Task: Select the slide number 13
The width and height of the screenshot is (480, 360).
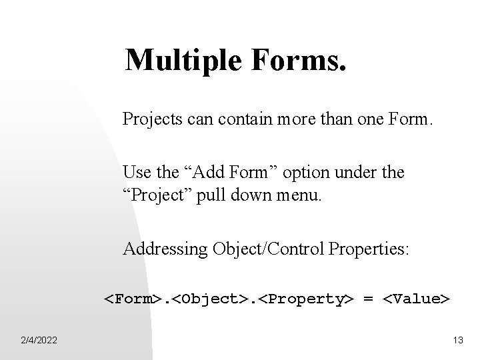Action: (457, 341)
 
